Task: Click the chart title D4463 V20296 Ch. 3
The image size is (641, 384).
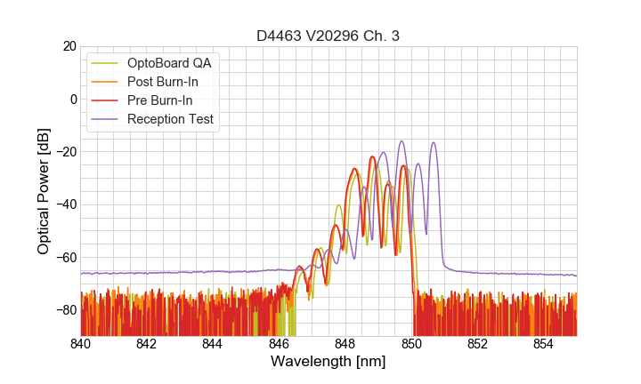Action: [328, 36]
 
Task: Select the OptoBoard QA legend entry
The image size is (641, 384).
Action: [170, 63]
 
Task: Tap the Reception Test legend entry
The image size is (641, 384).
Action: [170, 119]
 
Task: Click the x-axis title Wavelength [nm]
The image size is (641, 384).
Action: [328, 363]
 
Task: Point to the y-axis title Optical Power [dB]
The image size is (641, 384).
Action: [44, 191]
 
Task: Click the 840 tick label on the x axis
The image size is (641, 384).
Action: [81, 344]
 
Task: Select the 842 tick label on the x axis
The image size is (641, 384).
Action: [147, 344]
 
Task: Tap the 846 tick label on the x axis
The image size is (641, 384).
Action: [279, 344]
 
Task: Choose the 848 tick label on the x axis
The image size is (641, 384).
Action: [345, 344]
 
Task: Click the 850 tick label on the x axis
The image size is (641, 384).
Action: [411, 344]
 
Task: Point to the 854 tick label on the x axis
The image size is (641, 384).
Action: [543, 344]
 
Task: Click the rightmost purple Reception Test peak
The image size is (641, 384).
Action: [434, 143]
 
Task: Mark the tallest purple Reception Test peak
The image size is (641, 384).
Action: [402, 141]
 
